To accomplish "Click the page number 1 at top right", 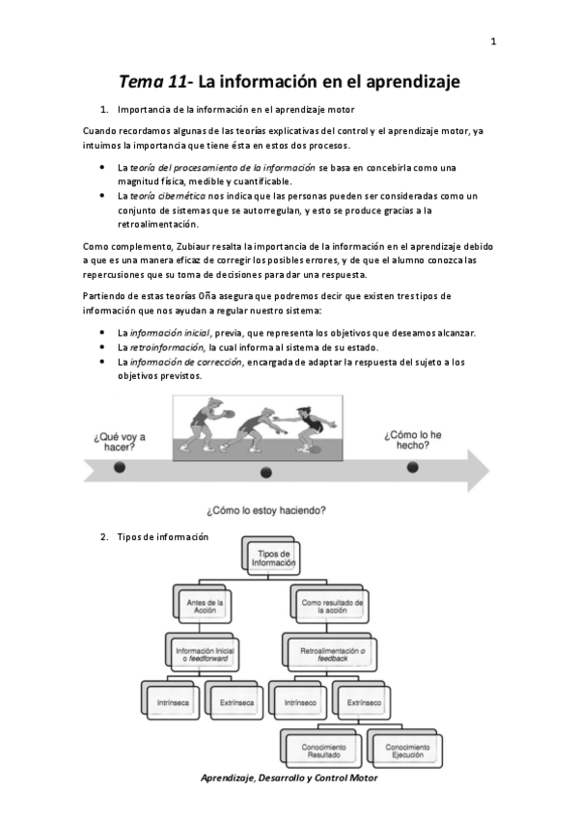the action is (494, 41).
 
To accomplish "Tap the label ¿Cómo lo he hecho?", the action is (413, 441).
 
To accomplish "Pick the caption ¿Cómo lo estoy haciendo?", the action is (266, 508).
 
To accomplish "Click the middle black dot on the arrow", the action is (266, 473).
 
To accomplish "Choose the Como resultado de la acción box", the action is (331, 606).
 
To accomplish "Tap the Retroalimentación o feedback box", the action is (331, 655).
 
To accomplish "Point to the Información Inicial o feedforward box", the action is (205, 654).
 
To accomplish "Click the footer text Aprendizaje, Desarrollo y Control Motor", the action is (289, 777).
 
